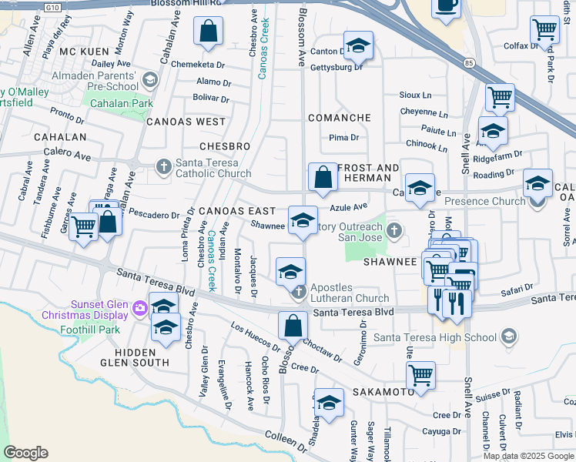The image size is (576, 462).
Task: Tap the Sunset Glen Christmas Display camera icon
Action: [139, 309]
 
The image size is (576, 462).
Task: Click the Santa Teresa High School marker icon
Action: [507, 336]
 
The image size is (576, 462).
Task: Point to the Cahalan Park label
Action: [121, 103]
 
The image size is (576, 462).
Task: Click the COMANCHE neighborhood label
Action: [339, 118]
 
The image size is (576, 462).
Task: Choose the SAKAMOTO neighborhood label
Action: [363, 392]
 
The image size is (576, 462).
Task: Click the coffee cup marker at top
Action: [446, 7]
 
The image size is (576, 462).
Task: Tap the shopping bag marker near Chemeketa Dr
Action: [209, 32]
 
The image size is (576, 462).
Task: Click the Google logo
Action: [26, 453]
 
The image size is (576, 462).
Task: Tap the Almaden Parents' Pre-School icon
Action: [149, 79]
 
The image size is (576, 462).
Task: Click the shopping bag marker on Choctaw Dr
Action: [293, 326]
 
